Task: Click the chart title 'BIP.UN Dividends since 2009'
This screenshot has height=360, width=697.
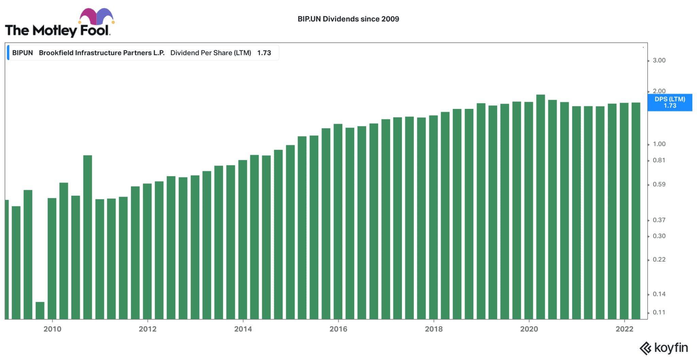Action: (x=348, y=19)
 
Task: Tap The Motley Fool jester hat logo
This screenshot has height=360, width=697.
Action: (x=96, y=16)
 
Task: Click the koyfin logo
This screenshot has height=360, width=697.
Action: (x=664, y=348)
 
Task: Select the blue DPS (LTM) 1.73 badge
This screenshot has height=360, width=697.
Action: (x=669, y=102)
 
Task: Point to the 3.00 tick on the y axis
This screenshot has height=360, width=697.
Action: (x=659, y=61)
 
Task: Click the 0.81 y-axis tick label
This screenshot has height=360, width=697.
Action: (x=659, y=160)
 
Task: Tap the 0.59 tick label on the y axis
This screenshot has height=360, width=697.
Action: (x=659, y=184)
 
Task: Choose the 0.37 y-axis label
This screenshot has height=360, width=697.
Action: (x=659, y=220)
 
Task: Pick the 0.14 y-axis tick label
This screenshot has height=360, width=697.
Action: (x=659, y=294)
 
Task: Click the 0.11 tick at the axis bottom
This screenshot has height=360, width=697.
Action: (x=659, y=312)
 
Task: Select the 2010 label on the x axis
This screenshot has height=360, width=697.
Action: (x=52, y=329)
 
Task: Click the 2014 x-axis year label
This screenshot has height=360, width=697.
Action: (x=243, y=329)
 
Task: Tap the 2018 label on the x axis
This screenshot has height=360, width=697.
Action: (x=434, y=329)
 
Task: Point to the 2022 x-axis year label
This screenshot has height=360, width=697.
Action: (x=624, y=329)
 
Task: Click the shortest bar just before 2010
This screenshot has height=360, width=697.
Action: (x=40, y=310)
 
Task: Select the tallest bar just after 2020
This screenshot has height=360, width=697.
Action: (x=540, y=204)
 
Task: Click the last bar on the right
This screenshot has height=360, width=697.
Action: (x=636, y=211)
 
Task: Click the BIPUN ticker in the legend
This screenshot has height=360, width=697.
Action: (x=22, y=53)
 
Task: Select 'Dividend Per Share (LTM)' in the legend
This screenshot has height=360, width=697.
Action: (x=211, y=53)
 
